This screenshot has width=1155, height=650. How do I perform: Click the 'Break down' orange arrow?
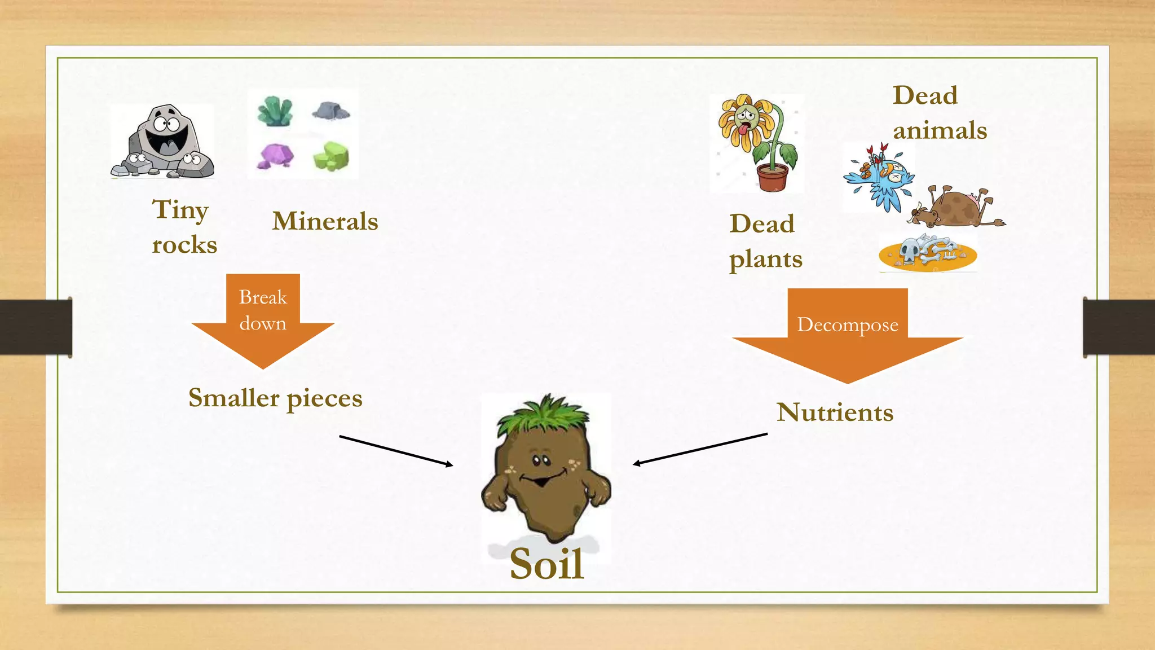click(x=263, y=322)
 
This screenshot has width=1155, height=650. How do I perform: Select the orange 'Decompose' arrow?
click(x=847, y=336)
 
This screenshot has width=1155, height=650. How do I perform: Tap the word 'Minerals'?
click(x=325, y=221)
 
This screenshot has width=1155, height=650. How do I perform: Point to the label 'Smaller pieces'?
click(x=275, y=398)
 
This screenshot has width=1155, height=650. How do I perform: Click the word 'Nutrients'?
click(x=835, y=412)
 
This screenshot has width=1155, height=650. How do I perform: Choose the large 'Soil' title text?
click(x=546, y=564)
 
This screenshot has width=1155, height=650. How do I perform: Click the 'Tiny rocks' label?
click(x=184, y=227)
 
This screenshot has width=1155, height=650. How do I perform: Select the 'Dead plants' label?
click(x=765, y=241)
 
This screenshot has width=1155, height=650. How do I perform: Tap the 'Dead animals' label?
click(x=939, y=113)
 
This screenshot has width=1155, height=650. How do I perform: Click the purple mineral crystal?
click(x=275, y=156)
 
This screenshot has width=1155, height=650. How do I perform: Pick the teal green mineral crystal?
click(x=275, y=111)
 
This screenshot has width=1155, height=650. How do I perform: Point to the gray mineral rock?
click(x=331, y=111)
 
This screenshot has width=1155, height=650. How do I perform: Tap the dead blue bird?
click(x=880, y=178)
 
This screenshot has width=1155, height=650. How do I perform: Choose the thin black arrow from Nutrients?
click(x=700, y=449)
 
